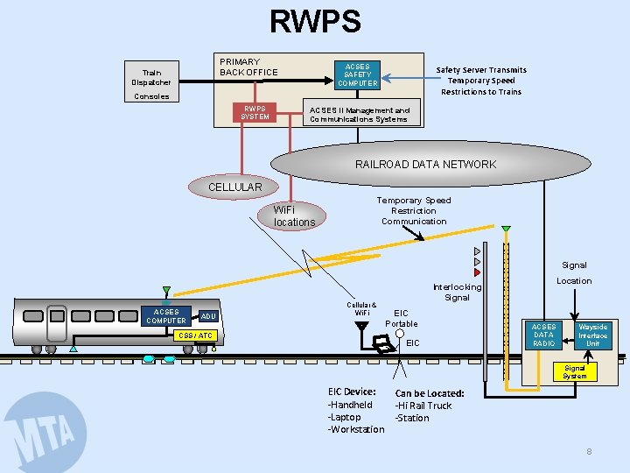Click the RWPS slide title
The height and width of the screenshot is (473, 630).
pos(314,22)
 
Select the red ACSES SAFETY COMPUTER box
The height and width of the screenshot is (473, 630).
pos(357,75)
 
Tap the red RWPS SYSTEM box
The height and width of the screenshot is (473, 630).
pos(255,113)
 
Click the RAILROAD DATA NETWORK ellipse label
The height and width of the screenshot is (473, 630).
pos(425,164)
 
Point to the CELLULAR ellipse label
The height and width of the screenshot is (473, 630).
pos(234,187)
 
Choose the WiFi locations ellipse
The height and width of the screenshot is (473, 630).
pos(294,216)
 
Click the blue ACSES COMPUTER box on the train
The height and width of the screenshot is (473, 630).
pos(166,316)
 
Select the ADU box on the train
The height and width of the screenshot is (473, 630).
pos(208,316)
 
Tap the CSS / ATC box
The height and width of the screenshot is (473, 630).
pos(196,335)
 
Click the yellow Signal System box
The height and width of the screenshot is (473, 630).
pos(575,372)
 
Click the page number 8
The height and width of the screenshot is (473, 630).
pos(589,451)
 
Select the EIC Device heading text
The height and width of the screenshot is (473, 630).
pos(352,392)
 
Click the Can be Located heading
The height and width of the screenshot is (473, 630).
pos(430,393)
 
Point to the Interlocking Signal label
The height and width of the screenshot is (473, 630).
pos(457,293)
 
